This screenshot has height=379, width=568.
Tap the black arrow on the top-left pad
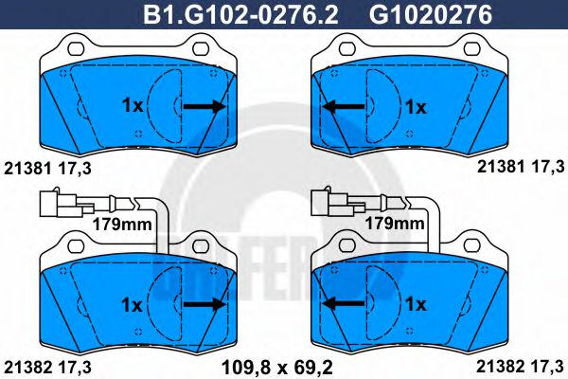tap(204, 107)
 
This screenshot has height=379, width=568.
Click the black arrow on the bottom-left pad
tap(204, 304)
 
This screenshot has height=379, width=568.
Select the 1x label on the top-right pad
tap(416, 107)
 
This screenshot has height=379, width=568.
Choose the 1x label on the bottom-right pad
tap(416, 304)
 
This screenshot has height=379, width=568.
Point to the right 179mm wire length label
tap(393, 224)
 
